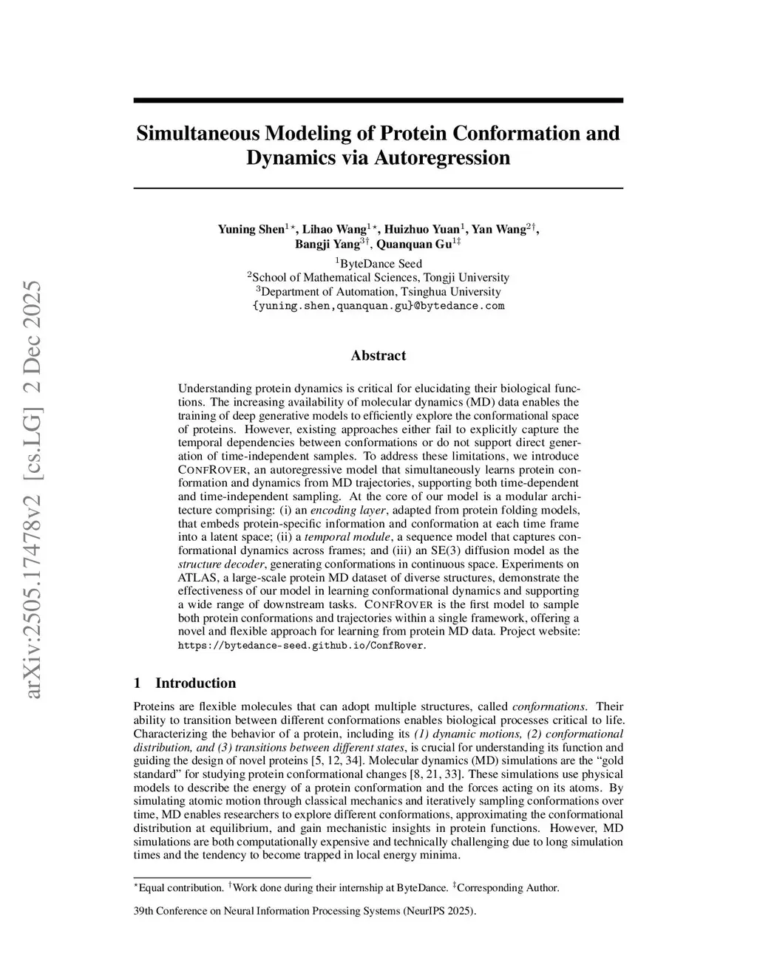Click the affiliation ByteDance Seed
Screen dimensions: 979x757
point(381,264)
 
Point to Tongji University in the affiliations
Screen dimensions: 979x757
point(466,278)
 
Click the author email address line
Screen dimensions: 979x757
point(378,306)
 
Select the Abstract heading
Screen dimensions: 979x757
point(378,355)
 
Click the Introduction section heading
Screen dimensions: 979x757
point(195,683)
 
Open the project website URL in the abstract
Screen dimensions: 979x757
point(302,645)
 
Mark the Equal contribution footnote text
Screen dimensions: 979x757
point(181,887)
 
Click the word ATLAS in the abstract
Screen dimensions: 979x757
point(195,578)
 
